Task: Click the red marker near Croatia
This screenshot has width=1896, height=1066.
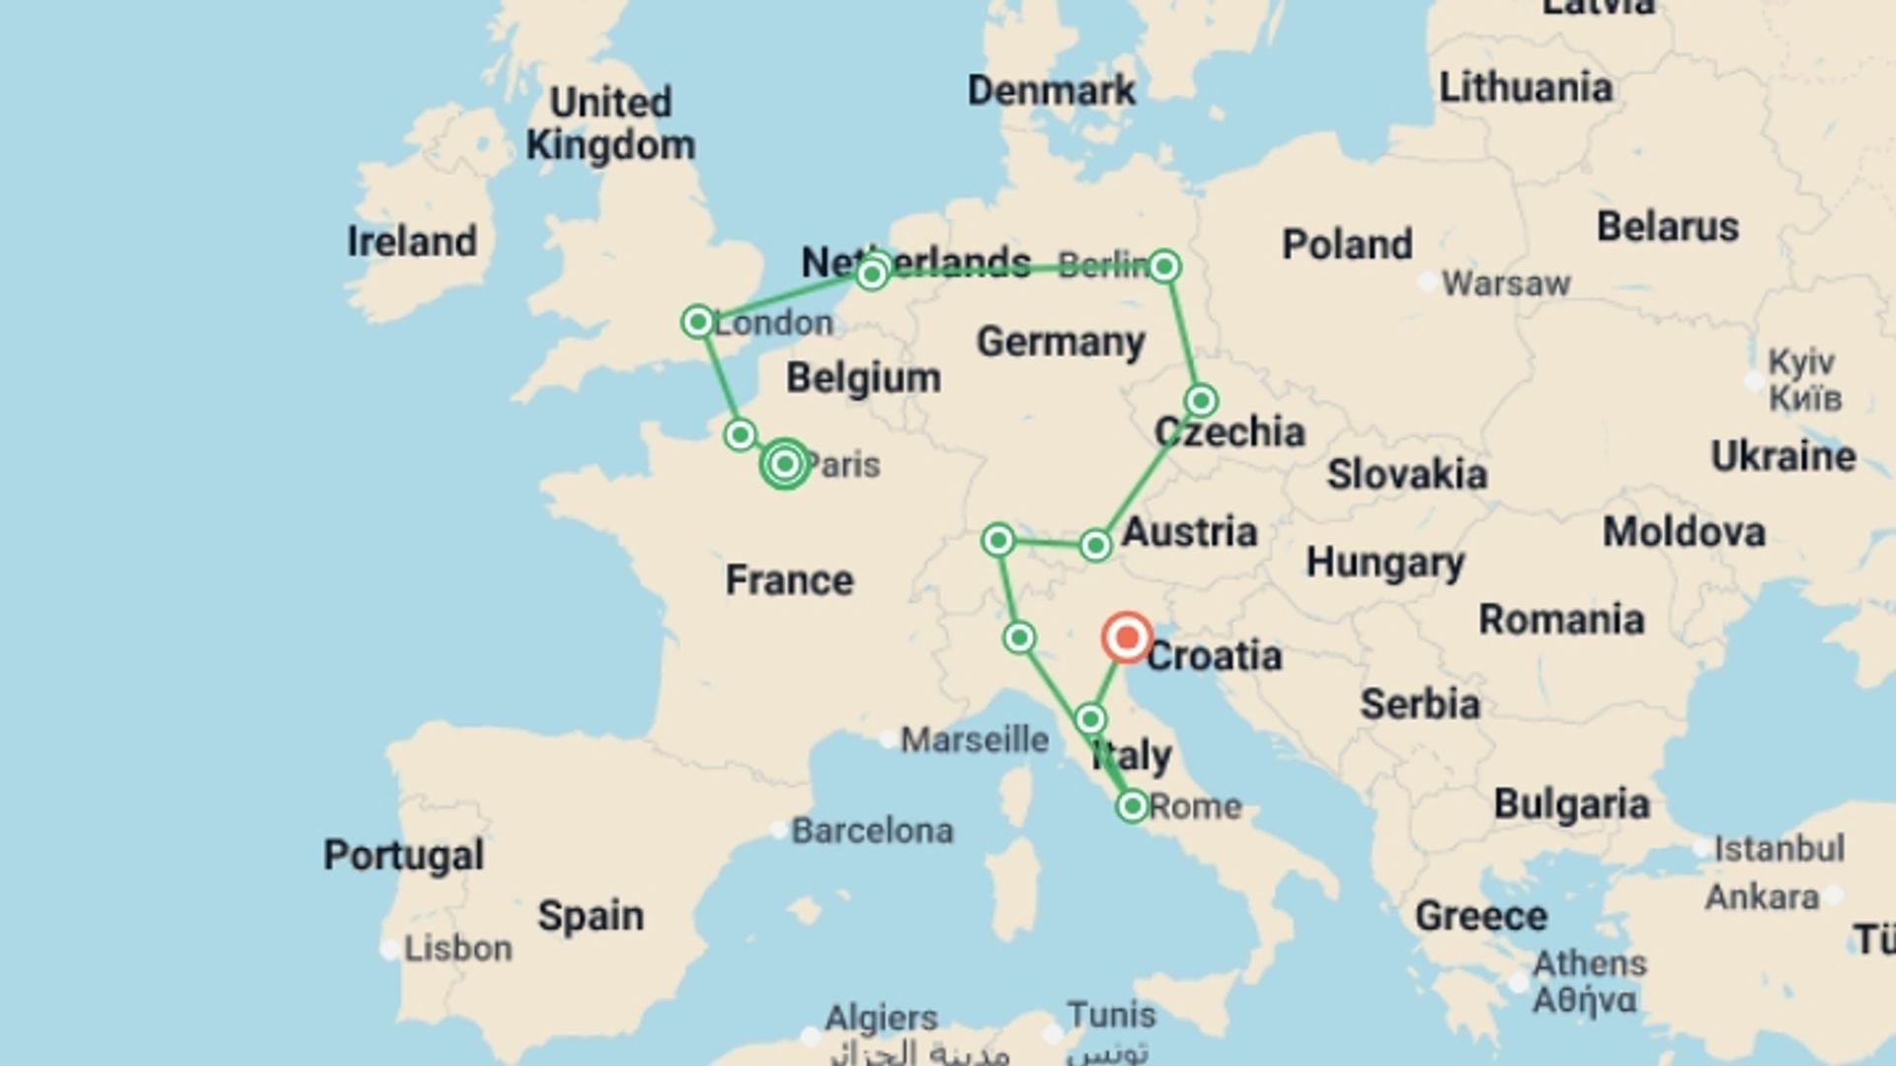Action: (x=1126, y=638)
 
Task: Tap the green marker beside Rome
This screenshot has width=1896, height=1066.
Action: (x=1132, y=806)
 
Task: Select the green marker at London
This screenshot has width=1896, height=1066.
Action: (x=698, y=322)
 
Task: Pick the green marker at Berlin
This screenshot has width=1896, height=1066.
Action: (x=1164, y=266)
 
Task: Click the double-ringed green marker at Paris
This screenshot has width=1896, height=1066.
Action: (x=785, y=463)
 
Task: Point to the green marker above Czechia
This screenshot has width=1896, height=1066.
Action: (x=1201, y=401)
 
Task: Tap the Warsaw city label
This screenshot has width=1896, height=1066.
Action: (x=1505, y=284)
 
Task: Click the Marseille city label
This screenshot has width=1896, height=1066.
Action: (x=974, y=739)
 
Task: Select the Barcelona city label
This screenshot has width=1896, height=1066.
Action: (x=872, y=831)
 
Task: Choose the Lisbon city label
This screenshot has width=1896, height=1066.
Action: (x=458, y=949)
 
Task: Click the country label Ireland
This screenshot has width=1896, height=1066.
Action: (x=412, y=242)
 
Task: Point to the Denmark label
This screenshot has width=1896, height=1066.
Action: (x=1051, y=91)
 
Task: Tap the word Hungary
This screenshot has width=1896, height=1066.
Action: (x=1384, y=564)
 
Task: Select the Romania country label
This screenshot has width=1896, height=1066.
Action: (x=1560, y=620)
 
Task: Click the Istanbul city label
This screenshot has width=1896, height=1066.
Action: (x=1778, y=849)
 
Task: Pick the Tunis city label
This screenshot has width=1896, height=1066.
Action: (x=1111, y=1015)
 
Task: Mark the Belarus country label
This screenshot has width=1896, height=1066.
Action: (x=1667, y=227)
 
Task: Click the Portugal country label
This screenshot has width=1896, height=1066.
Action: (x=404, y=856)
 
